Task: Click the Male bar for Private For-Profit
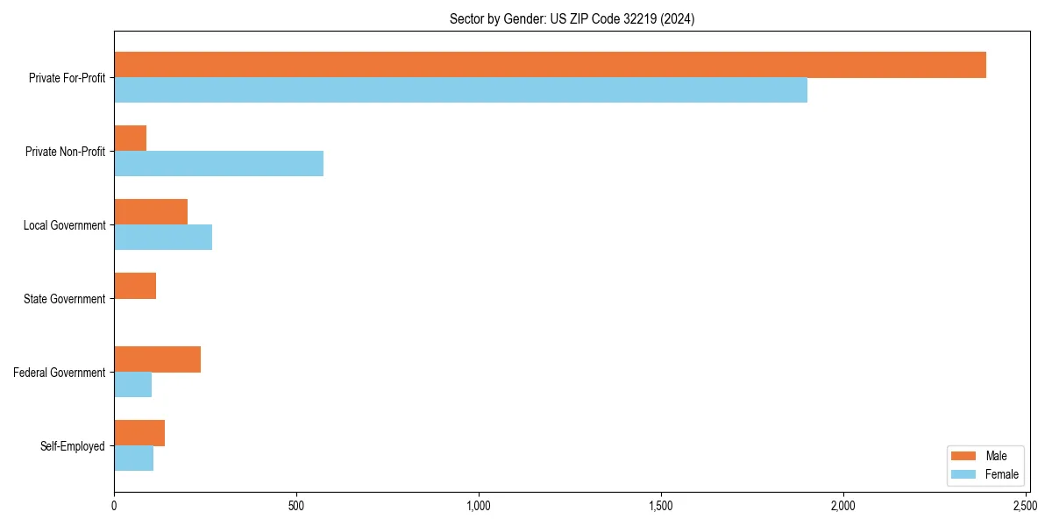coord(550,65)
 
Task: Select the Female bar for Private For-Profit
coord(460,90)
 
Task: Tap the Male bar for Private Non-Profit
coord(130,139)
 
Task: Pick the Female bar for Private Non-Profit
coord(218,164)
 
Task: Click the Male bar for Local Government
coord(151,212)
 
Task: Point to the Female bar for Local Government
coord(163,238)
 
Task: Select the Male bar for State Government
coord(135,286)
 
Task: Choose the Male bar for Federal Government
coord(157,359)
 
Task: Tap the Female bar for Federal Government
coord(132,385)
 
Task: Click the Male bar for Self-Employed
coord(139,433)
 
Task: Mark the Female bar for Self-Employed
coord(133,458)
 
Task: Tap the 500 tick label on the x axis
coord(296,506)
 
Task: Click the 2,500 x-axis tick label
coord(1026,506)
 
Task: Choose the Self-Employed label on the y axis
coord(72,446)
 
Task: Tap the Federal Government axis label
coord(60,373)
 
